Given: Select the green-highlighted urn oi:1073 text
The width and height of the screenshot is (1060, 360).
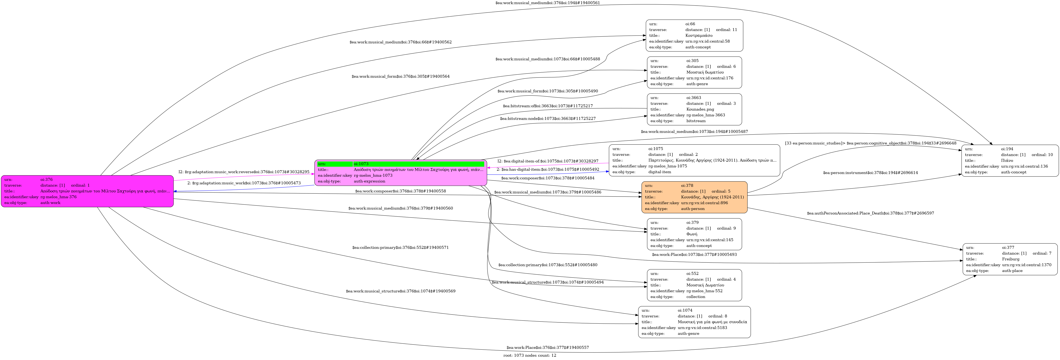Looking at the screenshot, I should click(361, 164).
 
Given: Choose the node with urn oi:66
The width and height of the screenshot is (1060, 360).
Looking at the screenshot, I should click(694, 35).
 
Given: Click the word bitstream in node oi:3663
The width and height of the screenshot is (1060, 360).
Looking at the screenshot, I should click(695, 121).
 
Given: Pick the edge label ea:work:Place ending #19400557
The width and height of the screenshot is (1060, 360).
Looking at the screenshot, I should click(547, 348).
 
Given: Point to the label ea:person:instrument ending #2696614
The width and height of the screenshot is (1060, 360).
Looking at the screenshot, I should click(870, 173).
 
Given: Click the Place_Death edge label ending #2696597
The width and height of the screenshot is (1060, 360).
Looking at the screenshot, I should click(870, 213).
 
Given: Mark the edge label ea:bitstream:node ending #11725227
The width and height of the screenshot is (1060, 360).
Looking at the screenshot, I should click(547, 118).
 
